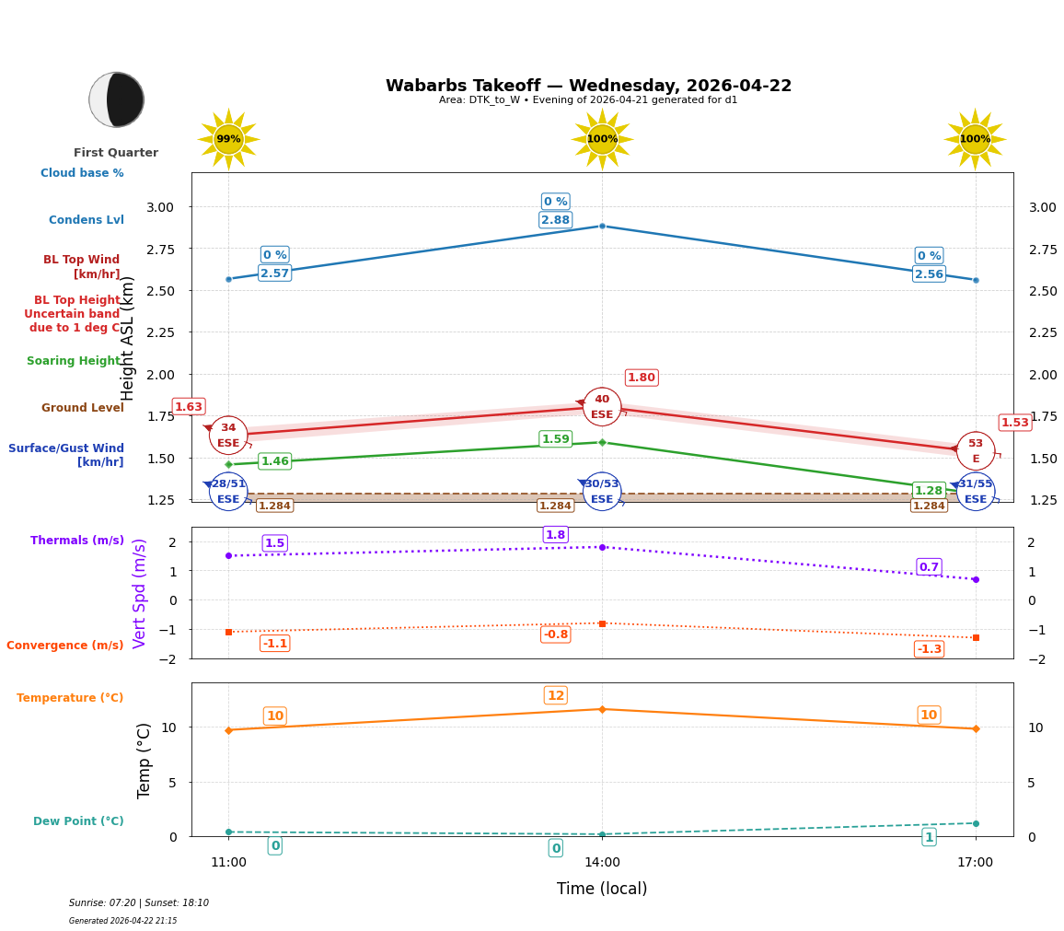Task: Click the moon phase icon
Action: click(116, 99)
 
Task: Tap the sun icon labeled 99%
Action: click(228, 139)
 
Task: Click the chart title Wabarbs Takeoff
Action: click(588, 86)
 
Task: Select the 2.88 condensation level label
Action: click(555, 220)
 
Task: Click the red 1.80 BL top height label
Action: click(641, 378)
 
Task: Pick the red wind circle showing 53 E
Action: click(975, 450)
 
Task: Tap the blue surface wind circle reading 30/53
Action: click(602, 491)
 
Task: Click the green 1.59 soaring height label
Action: click(555, 439)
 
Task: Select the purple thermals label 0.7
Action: click(929, 567)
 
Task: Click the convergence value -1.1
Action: click(274, 644)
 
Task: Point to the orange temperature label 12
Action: click(555, 696)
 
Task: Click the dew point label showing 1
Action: click(929, 837)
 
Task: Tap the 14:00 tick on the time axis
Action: click(602, 863)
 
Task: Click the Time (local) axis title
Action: click(602, 889)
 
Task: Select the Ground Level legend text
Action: click(82, 408)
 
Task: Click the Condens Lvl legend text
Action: click(86, 220)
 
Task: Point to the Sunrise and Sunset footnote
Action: click(139, 903)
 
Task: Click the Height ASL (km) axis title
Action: click(129, 338)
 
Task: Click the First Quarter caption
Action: click(116, 153)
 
